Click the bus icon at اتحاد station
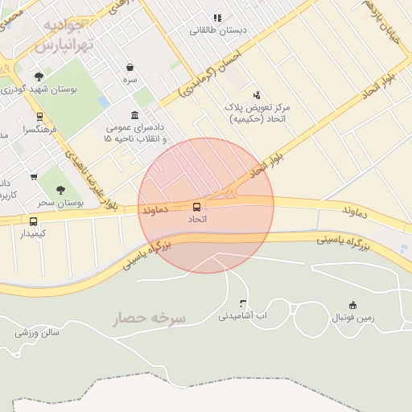pos(197,207)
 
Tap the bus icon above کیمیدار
pos(34,221)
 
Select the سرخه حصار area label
pos(149,318)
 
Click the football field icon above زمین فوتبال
pos(352,305)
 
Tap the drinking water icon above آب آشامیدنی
pos(244,303)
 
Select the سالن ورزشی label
pos(37,332)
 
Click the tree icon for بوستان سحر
pos(61,190)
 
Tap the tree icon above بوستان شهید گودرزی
pos(39,76)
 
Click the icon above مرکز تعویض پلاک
pos(257,95)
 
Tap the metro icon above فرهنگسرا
pos(41,117)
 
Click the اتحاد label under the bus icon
pos(197,219)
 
